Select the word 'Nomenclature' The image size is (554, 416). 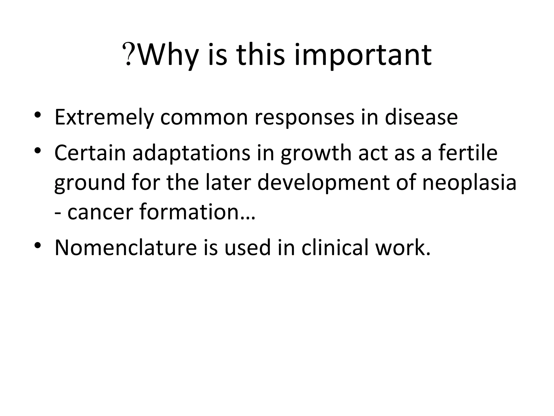[x=126, y=247]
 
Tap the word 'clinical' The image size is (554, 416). [x=335, y=247]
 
